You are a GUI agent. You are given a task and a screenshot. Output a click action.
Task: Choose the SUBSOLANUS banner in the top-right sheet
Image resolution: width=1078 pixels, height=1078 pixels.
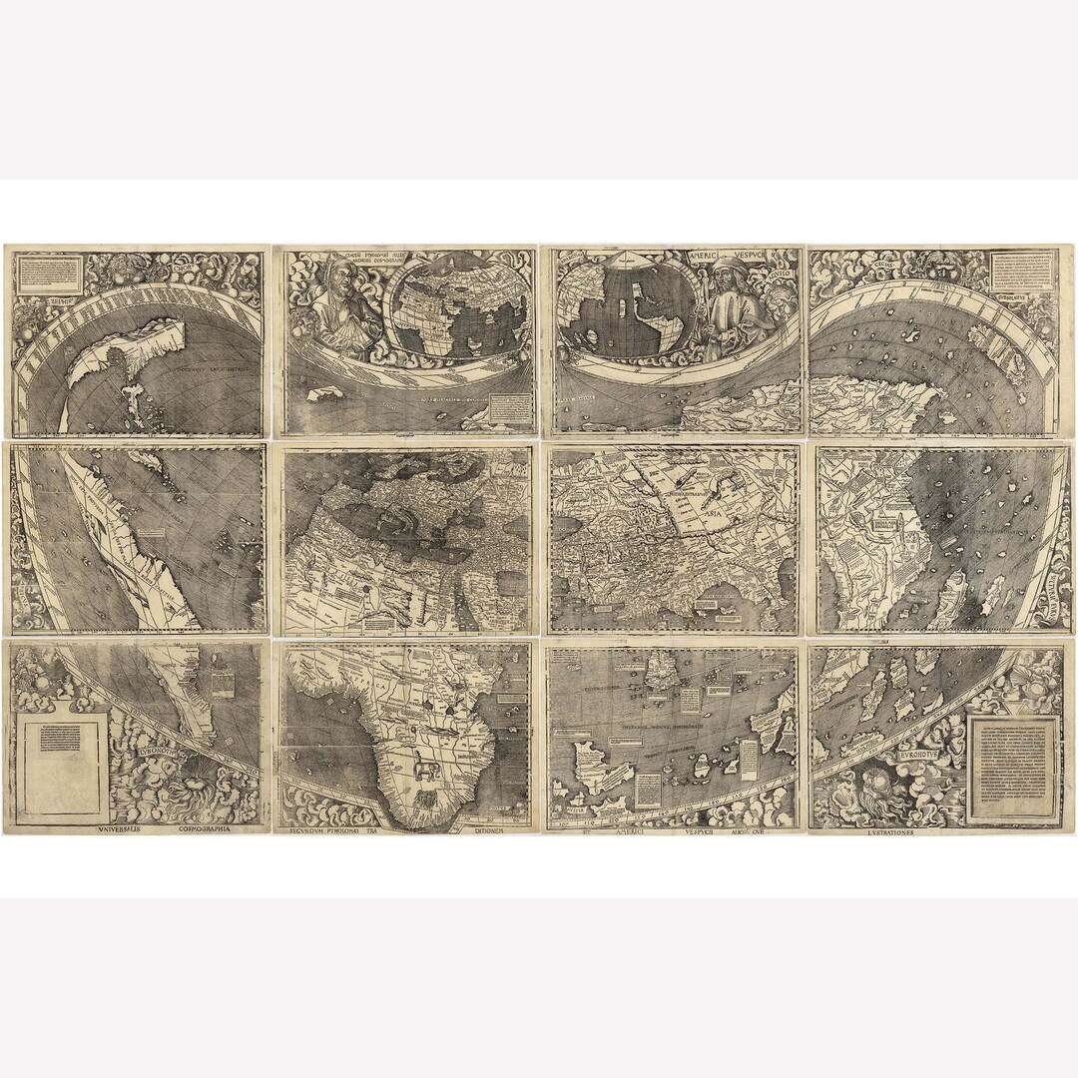(1027, 296)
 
